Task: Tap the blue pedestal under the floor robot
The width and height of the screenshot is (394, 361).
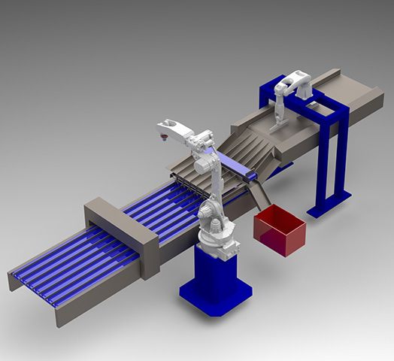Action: pyautogui.click(x=215, y=271)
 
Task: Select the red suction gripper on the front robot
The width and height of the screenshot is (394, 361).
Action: pyautogui.click(x=162, y=136)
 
